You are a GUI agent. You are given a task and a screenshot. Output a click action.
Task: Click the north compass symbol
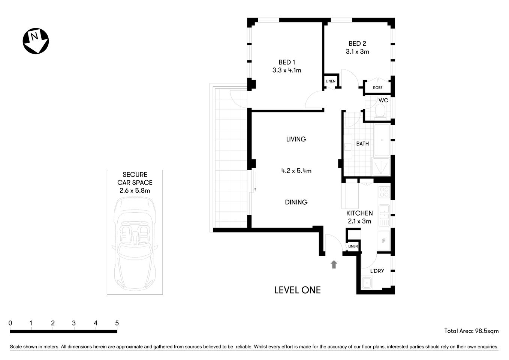[x=36, y=41]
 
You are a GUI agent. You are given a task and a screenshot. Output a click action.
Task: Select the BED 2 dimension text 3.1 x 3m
[x=357, y=52]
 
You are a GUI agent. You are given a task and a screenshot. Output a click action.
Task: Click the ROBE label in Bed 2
[x=377, y=88]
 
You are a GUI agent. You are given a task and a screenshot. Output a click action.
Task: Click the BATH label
[x=362, y=144]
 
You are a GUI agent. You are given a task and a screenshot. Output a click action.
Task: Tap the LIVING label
[x=296, y=139]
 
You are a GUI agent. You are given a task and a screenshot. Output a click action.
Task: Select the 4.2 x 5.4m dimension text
[x=296, y=171]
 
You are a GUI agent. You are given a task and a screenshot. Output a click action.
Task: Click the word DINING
[x=296, y=202]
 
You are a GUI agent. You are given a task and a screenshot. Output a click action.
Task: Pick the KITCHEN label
[x=359, y=213]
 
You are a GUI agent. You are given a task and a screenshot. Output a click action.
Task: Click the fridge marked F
[x=383, y=241]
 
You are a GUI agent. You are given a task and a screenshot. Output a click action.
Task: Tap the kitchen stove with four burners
[x=384, y=192]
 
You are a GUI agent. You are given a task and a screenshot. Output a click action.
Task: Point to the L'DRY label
[x=377, y=271]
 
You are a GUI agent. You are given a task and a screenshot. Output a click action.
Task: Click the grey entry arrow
[x=334, y=264]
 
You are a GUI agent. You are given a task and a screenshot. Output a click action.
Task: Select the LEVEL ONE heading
[x=297, y=290]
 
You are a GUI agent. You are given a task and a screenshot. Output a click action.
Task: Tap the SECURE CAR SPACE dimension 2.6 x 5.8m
[x=135, y=190]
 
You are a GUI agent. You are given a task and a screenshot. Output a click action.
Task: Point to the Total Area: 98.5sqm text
[x=471, y=331]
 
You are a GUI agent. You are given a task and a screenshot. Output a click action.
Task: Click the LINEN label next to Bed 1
[x=330, y=81]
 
